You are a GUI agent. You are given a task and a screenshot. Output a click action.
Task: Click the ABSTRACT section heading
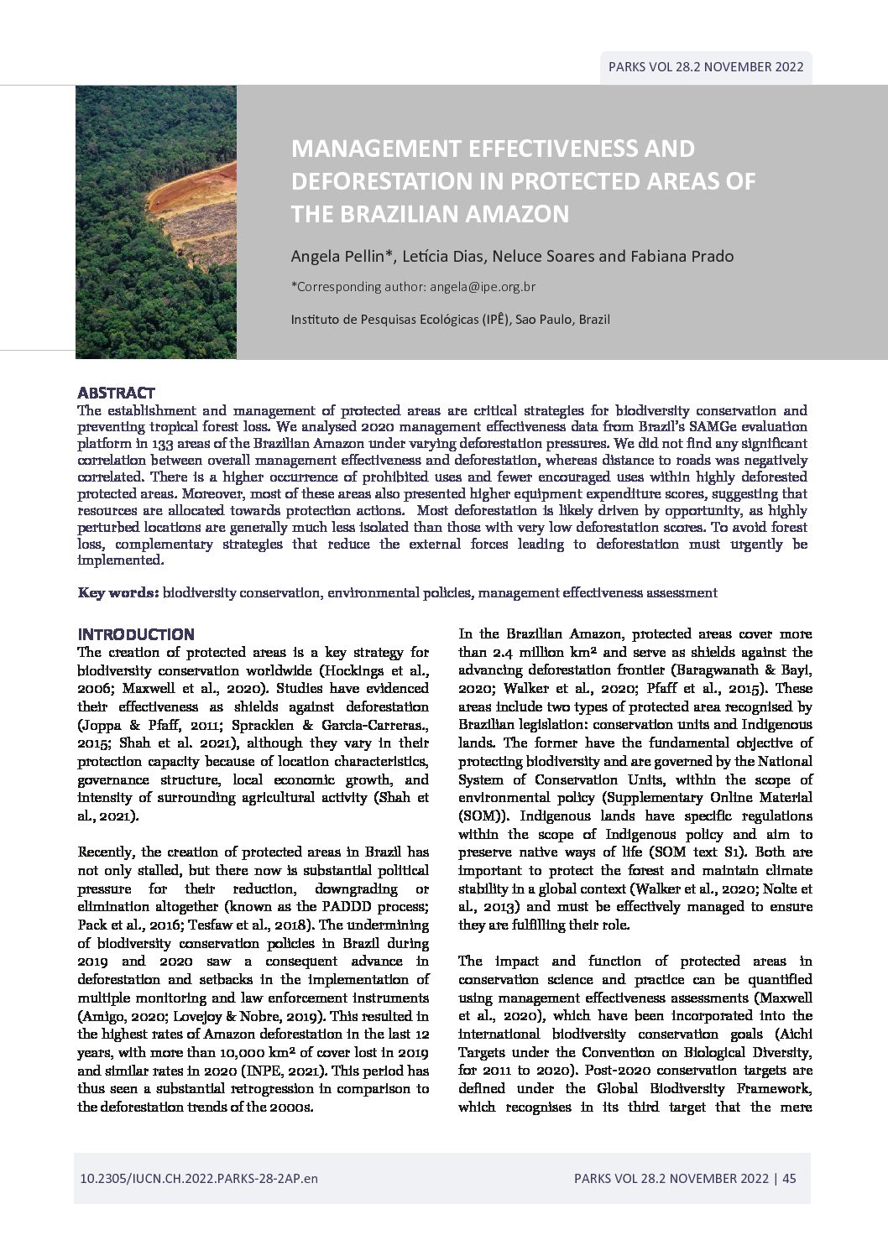click(x=116, y=393)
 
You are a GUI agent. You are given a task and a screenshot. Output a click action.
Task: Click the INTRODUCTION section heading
click(x=136, y=634)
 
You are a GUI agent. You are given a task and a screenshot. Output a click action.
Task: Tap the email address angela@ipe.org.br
click(x=483, y=287)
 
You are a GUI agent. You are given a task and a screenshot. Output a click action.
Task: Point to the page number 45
click(x=789, y=1178)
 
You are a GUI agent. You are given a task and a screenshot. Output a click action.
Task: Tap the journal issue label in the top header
click(x=706, y=67)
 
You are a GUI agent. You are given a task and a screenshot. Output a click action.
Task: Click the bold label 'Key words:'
click(x=118, y=592)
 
